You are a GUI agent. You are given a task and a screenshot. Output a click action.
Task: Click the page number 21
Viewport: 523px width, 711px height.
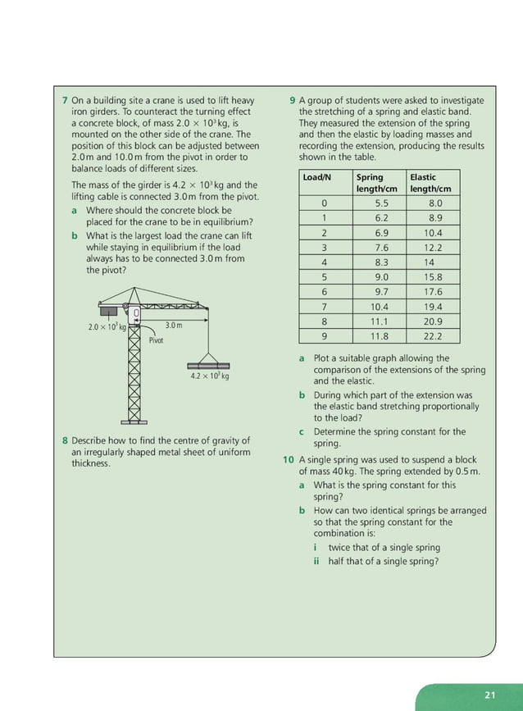click(490, 695)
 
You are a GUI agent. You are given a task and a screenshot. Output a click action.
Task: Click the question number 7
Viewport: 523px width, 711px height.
click(65, 101)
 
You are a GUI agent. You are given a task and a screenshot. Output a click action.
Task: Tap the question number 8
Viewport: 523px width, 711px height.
click(65, 440)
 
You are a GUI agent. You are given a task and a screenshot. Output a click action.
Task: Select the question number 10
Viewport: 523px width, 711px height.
click(289, 460)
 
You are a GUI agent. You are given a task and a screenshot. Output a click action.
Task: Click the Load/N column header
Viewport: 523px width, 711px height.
click(316, 177)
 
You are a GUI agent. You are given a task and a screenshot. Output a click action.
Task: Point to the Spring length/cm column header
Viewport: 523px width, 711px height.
click(376, 183)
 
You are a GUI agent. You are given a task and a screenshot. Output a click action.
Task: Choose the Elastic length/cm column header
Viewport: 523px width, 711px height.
click(430, 183)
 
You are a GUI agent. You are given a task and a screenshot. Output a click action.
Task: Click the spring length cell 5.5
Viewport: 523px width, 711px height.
click(381, 203)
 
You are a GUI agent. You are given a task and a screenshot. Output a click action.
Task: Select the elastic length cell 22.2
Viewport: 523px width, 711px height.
click(433, 336)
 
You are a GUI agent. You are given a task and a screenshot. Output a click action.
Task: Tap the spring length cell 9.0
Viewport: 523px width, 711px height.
click(381, 277)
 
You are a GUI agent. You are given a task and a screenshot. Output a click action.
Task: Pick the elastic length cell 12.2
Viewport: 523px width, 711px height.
click(433, 248)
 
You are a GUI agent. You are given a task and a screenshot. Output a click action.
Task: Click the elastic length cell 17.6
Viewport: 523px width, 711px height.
click(433, 292)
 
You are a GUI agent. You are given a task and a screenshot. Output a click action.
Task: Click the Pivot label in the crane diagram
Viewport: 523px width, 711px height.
click(156, 340)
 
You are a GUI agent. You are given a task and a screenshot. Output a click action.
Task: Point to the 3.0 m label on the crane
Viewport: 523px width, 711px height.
click(173, 326)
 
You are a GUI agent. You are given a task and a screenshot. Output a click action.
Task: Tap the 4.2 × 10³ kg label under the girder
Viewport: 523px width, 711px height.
click(209, 376)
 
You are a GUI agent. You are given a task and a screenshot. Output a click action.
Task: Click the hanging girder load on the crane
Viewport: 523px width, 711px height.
click(209, 364)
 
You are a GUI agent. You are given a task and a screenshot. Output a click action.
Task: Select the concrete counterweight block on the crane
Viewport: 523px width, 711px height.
click(107, 311)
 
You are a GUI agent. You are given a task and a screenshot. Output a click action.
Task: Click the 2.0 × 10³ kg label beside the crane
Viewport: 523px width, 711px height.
click(107, 327)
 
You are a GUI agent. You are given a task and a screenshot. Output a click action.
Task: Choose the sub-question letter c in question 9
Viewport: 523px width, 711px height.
click(302, 431)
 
